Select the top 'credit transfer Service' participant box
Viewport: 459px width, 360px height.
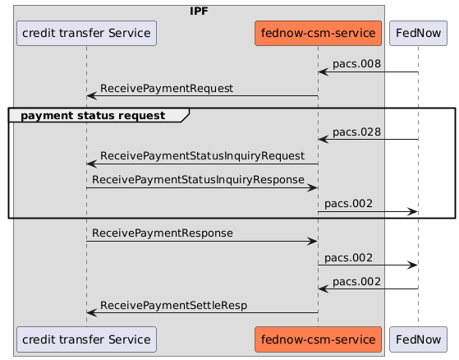pyautogui.click(x=86, y=34)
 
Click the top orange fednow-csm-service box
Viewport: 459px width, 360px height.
pyautogui.click(x=318, y=34)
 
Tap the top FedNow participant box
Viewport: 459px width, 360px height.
pyautogui.click(x=418, y=34)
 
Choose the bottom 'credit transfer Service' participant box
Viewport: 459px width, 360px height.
pyautogui.click(x=86, y=339)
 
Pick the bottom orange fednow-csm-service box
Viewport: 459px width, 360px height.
pyautogui.click(x=318, y=339)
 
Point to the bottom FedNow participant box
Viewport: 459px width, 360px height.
pyautogui.click(x=418, y=339)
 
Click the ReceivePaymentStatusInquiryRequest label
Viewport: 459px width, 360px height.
pyautogui.click(x=202, y=155)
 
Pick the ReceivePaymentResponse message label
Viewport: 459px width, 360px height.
pyautogui.click(x=162, y=233)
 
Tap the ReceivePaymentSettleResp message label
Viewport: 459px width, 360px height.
pyautogui.click(x=173, y=305)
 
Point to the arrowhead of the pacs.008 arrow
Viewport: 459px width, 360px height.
pyautogui.click(x=323, y=72)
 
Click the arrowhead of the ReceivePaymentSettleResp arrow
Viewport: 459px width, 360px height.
pyautogui.click(x=91, y=312)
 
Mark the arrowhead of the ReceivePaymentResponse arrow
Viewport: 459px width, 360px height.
pyautogui.click(x=313, y=241)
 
